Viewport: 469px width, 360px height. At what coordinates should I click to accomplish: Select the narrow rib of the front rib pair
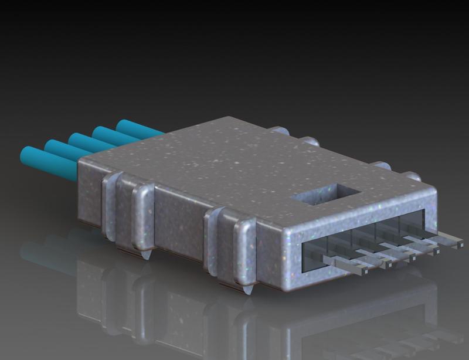[210, 240]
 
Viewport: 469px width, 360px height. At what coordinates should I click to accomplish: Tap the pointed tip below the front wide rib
[249, 290]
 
